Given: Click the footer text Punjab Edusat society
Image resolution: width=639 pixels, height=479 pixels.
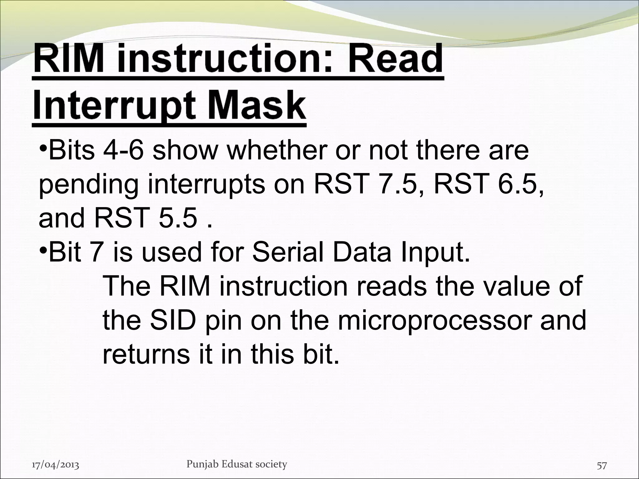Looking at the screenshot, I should point(237,464).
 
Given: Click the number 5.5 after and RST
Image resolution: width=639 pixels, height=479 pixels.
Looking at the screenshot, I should point(178,218).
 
